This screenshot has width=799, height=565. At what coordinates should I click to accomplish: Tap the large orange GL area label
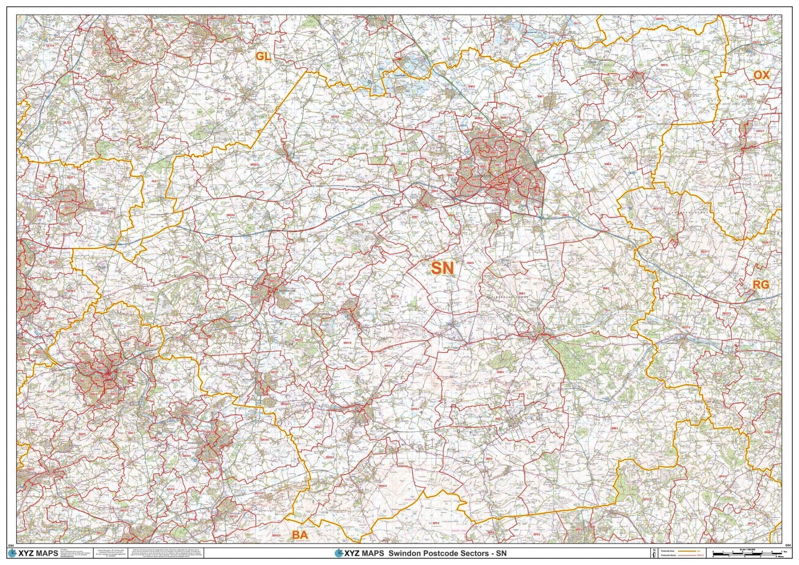[x=263, y=57]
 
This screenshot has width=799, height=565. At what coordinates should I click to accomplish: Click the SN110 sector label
[x=347, y=343]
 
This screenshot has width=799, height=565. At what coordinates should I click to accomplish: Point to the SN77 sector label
[x=640, y=117]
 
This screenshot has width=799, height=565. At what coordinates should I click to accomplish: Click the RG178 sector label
[x=657, y=209]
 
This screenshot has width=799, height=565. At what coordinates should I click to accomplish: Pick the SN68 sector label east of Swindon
[x=608, y=164]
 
